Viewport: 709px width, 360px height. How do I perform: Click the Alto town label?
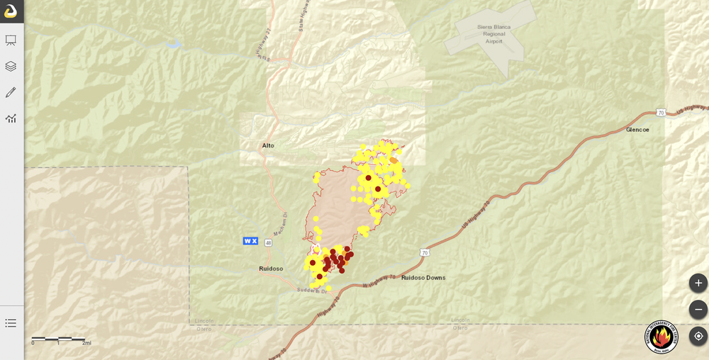[268, 145]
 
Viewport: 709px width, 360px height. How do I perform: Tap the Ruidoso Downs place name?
[423, 278]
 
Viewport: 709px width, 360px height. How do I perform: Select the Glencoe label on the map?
[637, 130]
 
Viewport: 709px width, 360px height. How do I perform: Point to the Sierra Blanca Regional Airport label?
[493, 34]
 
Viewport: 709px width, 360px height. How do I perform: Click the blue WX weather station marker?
[250, 241]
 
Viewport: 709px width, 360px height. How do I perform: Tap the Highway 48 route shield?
[268, 242]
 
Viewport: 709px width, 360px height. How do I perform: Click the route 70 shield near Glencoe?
[661, 113]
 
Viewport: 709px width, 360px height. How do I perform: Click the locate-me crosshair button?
[698, 336]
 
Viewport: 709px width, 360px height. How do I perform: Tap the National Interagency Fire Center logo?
[661, 337]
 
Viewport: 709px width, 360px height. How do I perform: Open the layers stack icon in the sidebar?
[11, 66]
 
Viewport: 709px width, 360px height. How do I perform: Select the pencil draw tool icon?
[11, 92]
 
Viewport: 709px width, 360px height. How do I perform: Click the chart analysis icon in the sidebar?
[11, 118]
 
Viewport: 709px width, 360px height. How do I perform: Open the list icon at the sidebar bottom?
[11, 322]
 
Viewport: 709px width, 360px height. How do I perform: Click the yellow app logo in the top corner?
[11, 11]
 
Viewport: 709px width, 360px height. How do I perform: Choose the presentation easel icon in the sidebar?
[11, 40]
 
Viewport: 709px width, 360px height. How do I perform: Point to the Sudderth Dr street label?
[312, 291]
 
